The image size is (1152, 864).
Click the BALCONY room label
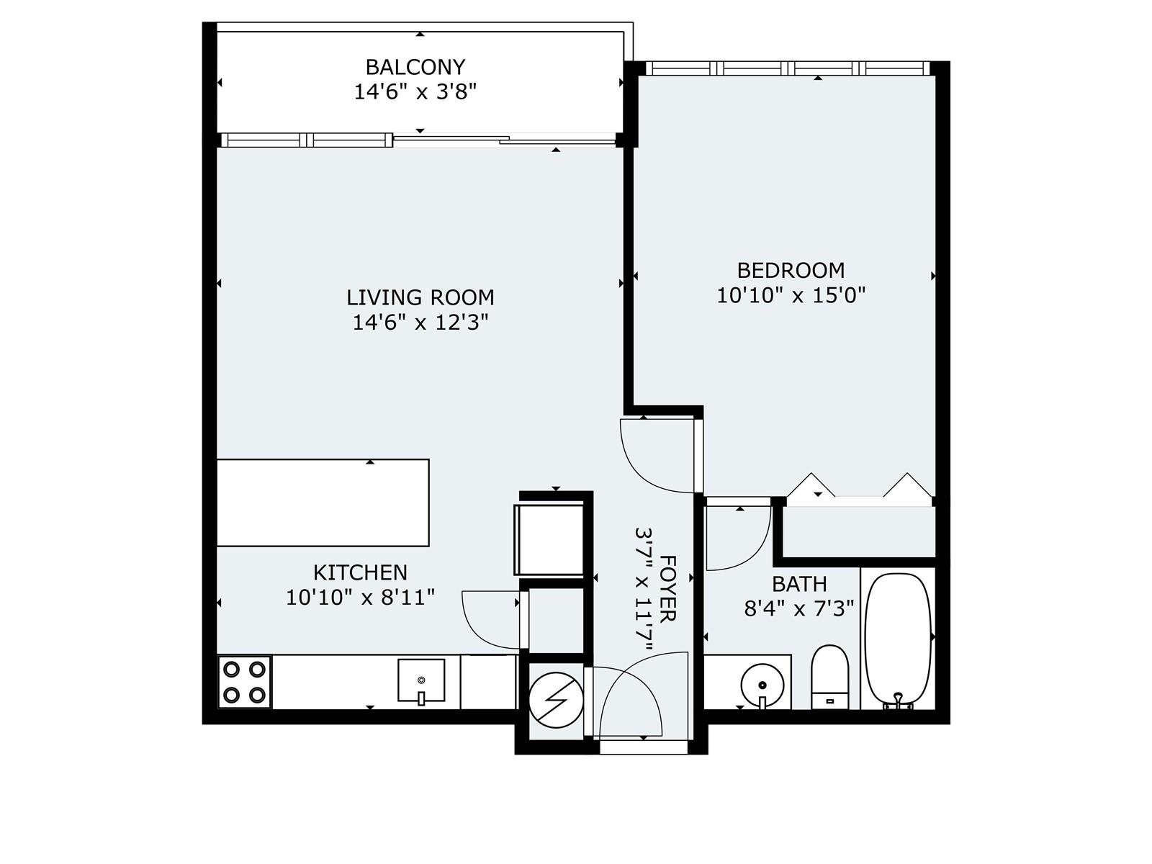click(x=415, y=67)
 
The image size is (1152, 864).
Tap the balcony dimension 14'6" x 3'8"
click(x=415, y=92)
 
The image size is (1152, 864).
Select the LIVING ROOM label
click(x=420, y=297)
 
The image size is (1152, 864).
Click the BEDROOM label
click(x=791, y=271)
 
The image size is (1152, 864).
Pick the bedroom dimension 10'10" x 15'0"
click(x=791, y=295)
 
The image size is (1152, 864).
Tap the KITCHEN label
click(x=360, y=572)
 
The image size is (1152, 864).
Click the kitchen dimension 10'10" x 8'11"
click(x=360, y=598)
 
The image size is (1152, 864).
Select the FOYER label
click(x=667, y=588)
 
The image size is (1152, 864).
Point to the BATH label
click(x=799, y=584)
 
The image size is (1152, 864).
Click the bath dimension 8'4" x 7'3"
click(x=799, y=609)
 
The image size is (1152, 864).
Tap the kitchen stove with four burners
click(x=244, y=682)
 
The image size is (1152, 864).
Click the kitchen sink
click(x=421, y=681)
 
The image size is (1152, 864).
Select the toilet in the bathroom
click(x=829, y=678)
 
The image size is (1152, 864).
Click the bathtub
click(x=898, y=641)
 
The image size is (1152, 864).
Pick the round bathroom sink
click(x=762, y=685)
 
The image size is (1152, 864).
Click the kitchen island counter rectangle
click(x=323, y=503)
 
